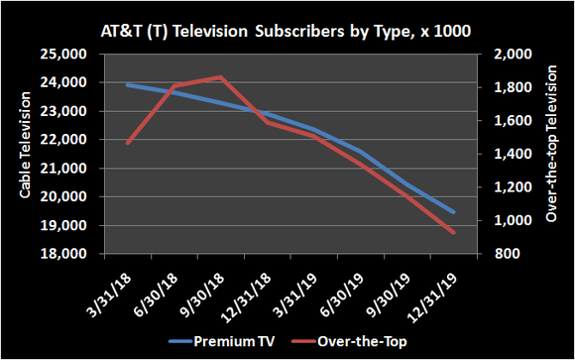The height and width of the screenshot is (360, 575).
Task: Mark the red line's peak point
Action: click(220, 76)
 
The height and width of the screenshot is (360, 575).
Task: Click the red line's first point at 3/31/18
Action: click(127, 144)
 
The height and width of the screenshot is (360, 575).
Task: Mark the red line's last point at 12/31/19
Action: click(455, 233)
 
